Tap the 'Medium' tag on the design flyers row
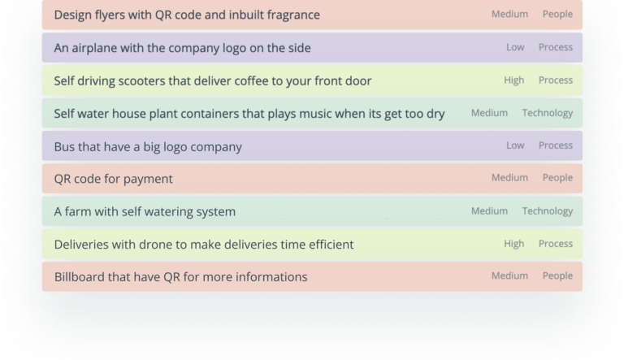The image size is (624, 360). [509, 14]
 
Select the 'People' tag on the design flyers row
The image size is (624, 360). [557, 15]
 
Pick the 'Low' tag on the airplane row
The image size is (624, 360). [515, 47]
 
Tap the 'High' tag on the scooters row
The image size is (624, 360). [513, 80]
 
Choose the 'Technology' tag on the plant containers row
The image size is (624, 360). [548, 113]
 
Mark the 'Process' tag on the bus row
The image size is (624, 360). [556, 145]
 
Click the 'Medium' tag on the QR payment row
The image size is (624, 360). [509, 178]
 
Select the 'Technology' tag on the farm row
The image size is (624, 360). [548, 211]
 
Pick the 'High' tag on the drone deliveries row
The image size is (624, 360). [513, 244]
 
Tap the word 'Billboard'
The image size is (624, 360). [79, 277]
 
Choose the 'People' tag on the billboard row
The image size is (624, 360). [557, 276]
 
